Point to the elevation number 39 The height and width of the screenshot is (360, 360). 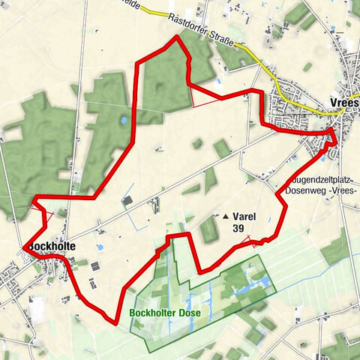pos(238,228)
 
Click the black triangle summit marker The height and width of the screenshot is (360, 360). pos(226,217)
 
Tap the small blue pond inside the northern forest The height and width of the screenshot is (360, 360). pos(124,120)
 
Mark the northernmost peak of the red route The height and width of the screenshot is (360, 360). pos(177,35)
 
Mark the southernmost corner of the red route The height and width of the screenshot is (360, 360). pos(115,322)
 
